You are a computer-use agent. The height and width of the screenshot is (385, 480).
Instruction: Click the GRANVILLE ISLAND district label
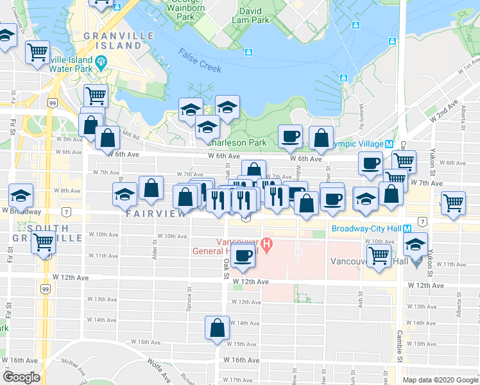tap(118, 40)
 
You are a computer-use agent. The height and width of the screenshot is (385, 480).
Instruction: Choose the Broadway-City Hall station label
tap(369, 229)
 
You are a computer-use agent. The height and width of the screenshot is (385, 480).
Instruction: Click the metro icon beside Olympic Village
tap(389, 144)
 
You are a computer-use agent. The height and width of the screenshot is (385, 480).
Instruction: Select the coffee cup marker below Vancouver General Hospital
tap(243, 256)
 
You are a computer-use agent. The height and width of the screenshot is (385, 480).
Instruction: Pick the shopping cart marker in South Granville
tap(44, 243)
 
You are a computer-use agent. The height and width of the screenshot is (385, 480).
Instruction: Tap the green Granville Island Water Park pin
tap(101, 63)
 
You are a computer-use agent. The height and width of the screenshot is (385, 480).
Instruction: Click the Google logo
tap(21, 377)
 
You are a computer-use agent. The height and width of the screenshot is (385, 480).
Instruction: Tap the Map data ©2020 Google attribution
tap(440, 380)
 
